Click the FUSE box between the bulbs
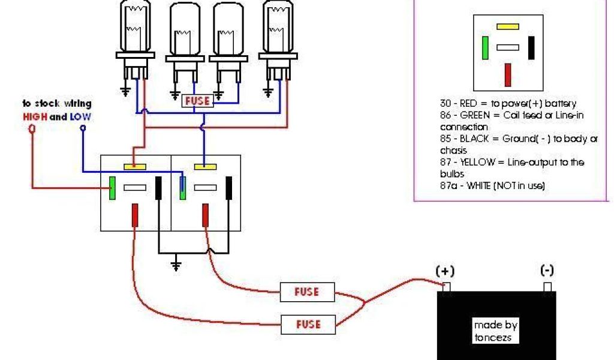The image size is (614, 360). [197, 101]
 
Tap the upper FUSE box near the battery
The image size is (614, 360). [306, 292]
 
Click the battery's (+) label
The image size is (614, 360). [444, 271]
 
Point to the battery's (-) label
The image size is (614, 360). [547, 271]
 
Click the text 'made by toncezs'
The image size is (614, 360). [495, 331]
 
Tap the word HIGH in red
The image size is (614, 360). [35, 116]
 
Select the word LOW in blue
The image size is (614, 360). [81, 116]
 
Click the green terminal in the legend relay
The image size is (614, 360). [484, 48]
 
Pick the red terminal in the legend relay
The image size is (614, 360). [507, 74]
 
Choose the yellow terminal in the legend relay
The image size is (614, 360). [507, 27]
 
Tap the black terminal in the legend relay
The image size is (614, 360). [531, 48]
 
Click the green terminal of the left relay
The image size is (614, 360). [112, 188]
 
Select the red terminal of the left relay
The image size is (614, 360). [135, 215]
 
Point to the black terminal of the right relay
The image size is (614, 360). [228, 188]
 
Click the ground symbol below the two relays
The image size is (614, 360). [175, 265]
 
